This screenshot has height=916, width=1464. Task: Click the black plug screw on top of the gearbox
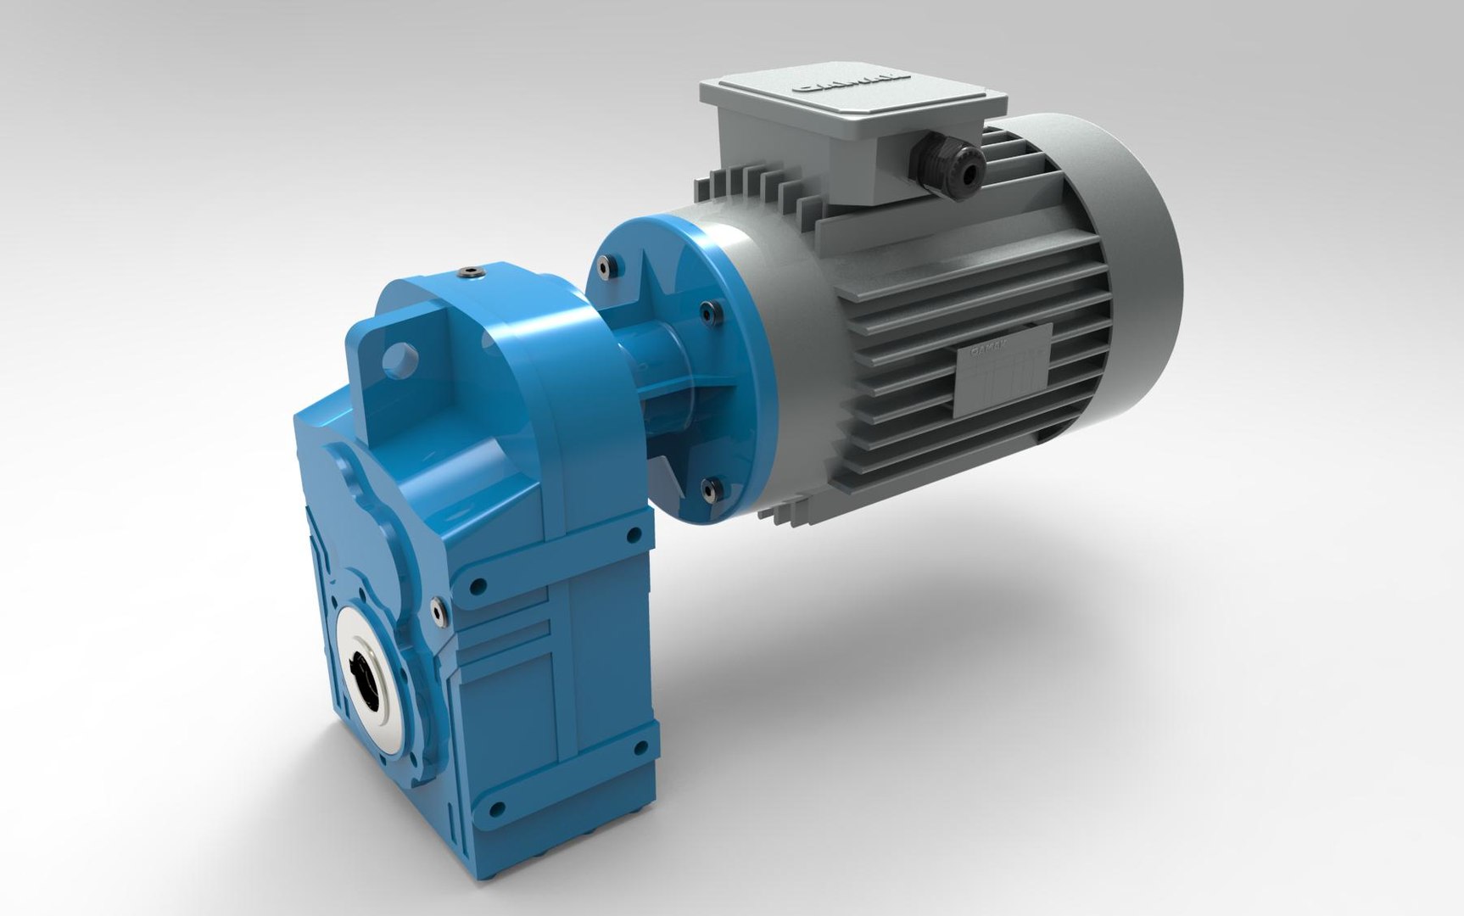[469, 272]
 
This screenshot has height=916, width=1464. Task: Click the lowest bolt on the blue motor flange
[709, 486]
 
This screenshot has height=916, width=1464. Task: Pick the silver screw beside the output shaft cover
[437, 607]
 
